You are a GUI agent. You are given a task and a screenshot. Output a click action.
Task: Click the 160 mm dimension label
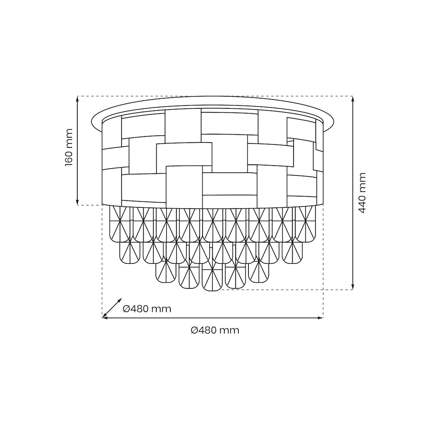69,147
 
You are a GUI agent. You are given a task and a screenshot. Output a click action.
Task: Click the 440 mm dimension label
362,193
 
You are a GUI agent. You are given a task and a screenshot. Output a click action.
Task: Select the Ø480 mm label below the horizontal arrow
215,330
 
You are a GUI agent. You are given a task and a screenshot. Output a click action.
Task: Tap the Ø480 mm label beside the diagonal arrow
147,308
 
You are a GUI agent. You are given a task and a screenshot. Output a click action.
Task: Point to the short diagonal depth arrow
112,308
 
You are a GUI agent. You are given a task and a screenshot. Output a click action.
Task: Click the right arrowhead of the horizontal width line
320,318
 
